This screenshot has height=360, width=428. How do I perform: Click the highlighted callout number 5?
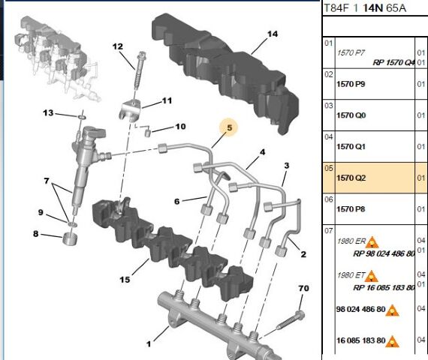229,127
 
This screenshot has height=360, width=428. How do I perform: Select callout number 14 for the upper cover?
273,34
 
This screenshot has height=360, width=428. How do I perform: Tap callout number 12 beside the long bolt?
118,46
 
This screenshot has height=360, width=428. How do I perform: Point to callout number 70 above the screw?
303,288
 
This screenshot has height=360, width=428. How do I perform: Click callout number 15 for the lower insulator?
125,280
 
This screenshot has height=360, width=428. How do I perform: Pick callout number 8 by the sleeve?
36,234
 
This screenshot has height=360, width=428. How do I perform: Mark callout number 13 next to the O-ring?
48,113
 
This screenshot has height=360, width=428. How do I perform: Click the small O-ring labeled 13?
82,117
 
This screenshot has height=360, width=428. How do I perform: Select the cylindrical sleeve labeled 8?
70,239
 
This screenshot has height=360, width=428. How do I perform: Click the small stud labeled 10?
147,133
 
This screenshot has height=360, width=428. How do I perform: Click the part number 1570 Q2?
351,178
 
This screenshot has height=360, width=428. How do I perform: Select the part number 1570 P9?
351,84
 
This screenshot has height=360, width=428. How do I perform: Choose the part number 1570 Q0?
351,115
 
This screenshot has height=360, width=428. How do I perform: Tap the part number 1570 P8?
351,209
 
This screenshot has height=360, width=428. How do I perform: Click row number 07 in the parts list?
329,231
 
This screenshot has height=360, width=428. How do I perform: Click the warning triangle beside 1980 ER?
372,242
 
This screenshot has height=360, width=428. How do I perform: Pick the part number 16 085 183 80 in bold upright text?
361,340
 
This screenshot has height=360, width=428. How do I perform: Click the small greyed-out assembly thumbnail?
56,58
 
